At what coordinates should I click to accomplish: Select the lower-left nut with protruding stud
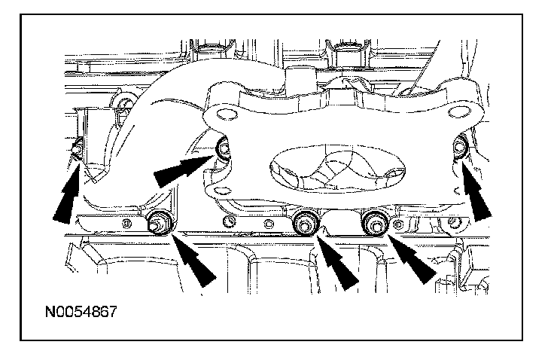[158, 224]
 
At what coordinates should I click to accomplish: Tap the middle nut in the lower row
[304, 221]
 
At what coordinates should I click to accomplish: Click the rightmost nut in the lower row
[373, 221]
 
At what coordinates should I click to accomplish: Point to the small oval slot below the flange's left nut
[221, 181]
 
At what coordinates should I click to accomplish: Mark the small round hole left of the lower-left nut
[129, 223]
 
